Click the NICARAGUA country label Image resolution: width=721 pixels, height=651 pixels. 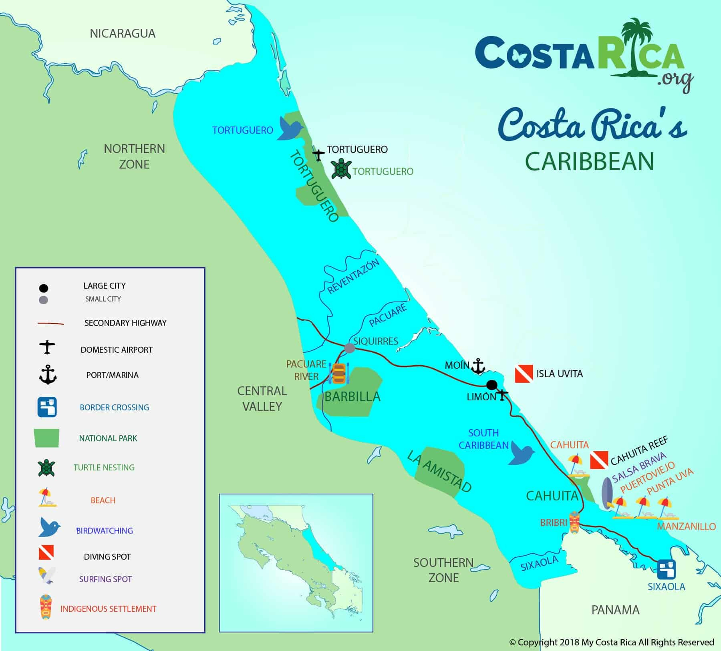pos(123,33)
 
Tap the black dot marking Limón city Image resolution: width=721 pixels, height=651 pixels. pos(492,385)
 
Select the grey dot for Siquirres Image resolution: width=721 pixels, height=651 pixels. pos(350,348)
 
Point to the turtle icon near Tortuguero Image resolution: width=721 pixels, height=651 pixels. pos(341,169)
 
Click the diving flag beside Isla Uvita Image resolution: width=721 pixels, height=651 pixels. pos(524,374)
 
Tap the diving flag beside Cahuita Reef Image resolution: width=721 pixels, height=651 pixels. pos(599,460)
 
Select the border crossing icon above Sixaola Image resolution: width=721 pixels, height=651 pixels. pos(667,569)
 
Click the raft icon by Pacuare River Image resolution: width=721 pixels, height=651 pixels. pos(339,374)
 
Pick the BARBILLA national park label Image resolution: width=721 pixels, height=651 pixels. pos(352,397)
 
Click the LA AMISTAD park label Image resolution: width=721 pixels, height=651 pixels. pos(439,471)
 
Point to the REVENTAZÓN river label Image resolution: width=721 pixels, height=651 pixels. pos(353,277)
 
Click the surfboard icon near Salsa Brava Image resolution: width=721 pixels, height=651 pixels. pos(607,495)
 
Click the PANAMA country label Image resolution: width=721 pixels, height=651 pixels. pos(615,610)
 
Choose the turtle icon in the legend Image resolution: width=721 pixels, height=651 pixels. pos(46,468)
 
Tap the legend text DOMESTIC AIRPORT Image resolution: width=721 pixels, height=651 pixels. pos(117,350)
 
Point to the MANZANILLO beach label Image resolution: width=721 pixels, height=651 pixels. pos(686,526)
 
